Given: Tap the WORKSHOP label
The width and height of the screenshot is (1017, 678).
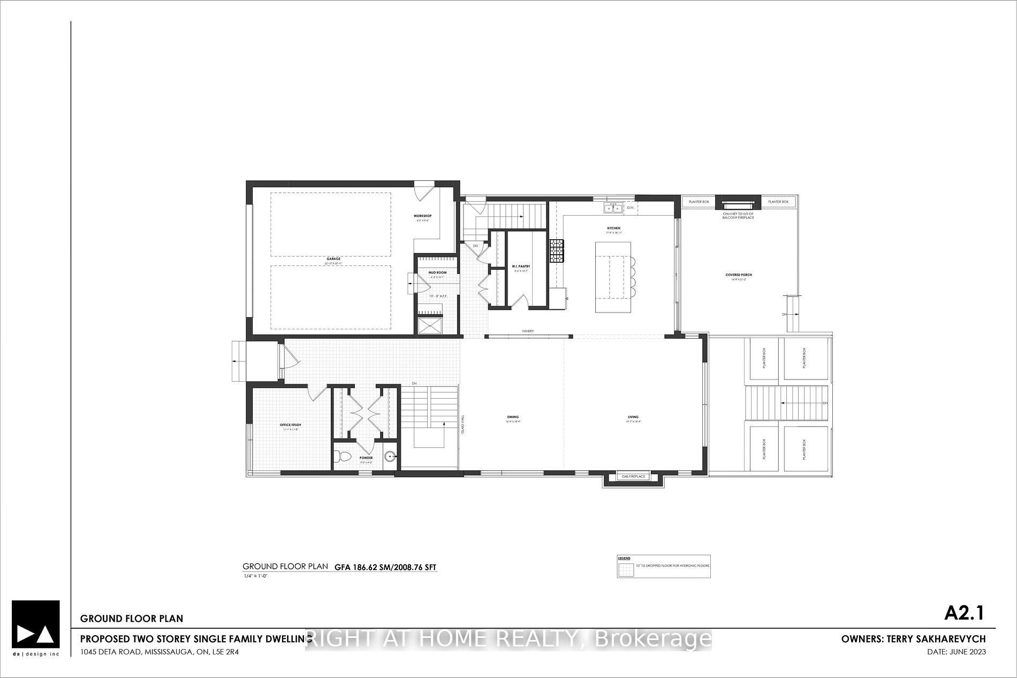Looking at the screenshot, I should (422, 216).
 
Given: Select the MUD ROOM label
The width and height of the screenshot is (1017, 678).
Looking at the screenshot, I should (437, 272).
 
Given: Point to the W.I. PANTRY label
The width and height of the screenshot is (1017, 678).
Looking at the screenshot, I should (520, 266).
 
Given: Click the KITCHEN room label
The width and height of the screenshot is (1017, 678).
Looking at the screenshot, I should (613, 228).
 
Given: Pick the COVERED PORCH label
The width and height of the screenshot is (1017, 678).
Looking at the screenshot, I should (739, 275).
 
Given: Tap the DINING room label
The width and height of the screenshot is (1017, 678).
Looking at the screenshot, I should (513, 417).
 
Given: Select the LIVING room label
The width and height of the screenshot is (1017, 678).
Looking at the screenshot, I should (633, 417).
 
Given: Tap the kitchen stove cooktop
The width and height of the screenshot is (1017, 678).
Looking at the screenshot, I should (557, 251).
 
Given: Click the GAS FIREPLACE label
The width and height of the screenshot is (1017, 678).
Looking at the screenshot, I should (634, 476).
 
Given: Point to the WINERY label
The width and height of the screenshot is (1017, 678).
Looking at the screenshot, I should (528, 331).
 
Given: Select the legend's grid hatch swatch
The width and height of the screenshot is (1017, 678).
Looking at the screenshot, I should (626, 571).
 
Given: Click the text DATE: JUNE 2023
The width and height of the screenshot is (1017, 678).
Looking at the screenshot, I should (956, 652).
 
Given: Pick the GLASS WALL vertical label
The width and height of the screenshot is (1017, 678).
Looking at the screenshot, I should (463, 423).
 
